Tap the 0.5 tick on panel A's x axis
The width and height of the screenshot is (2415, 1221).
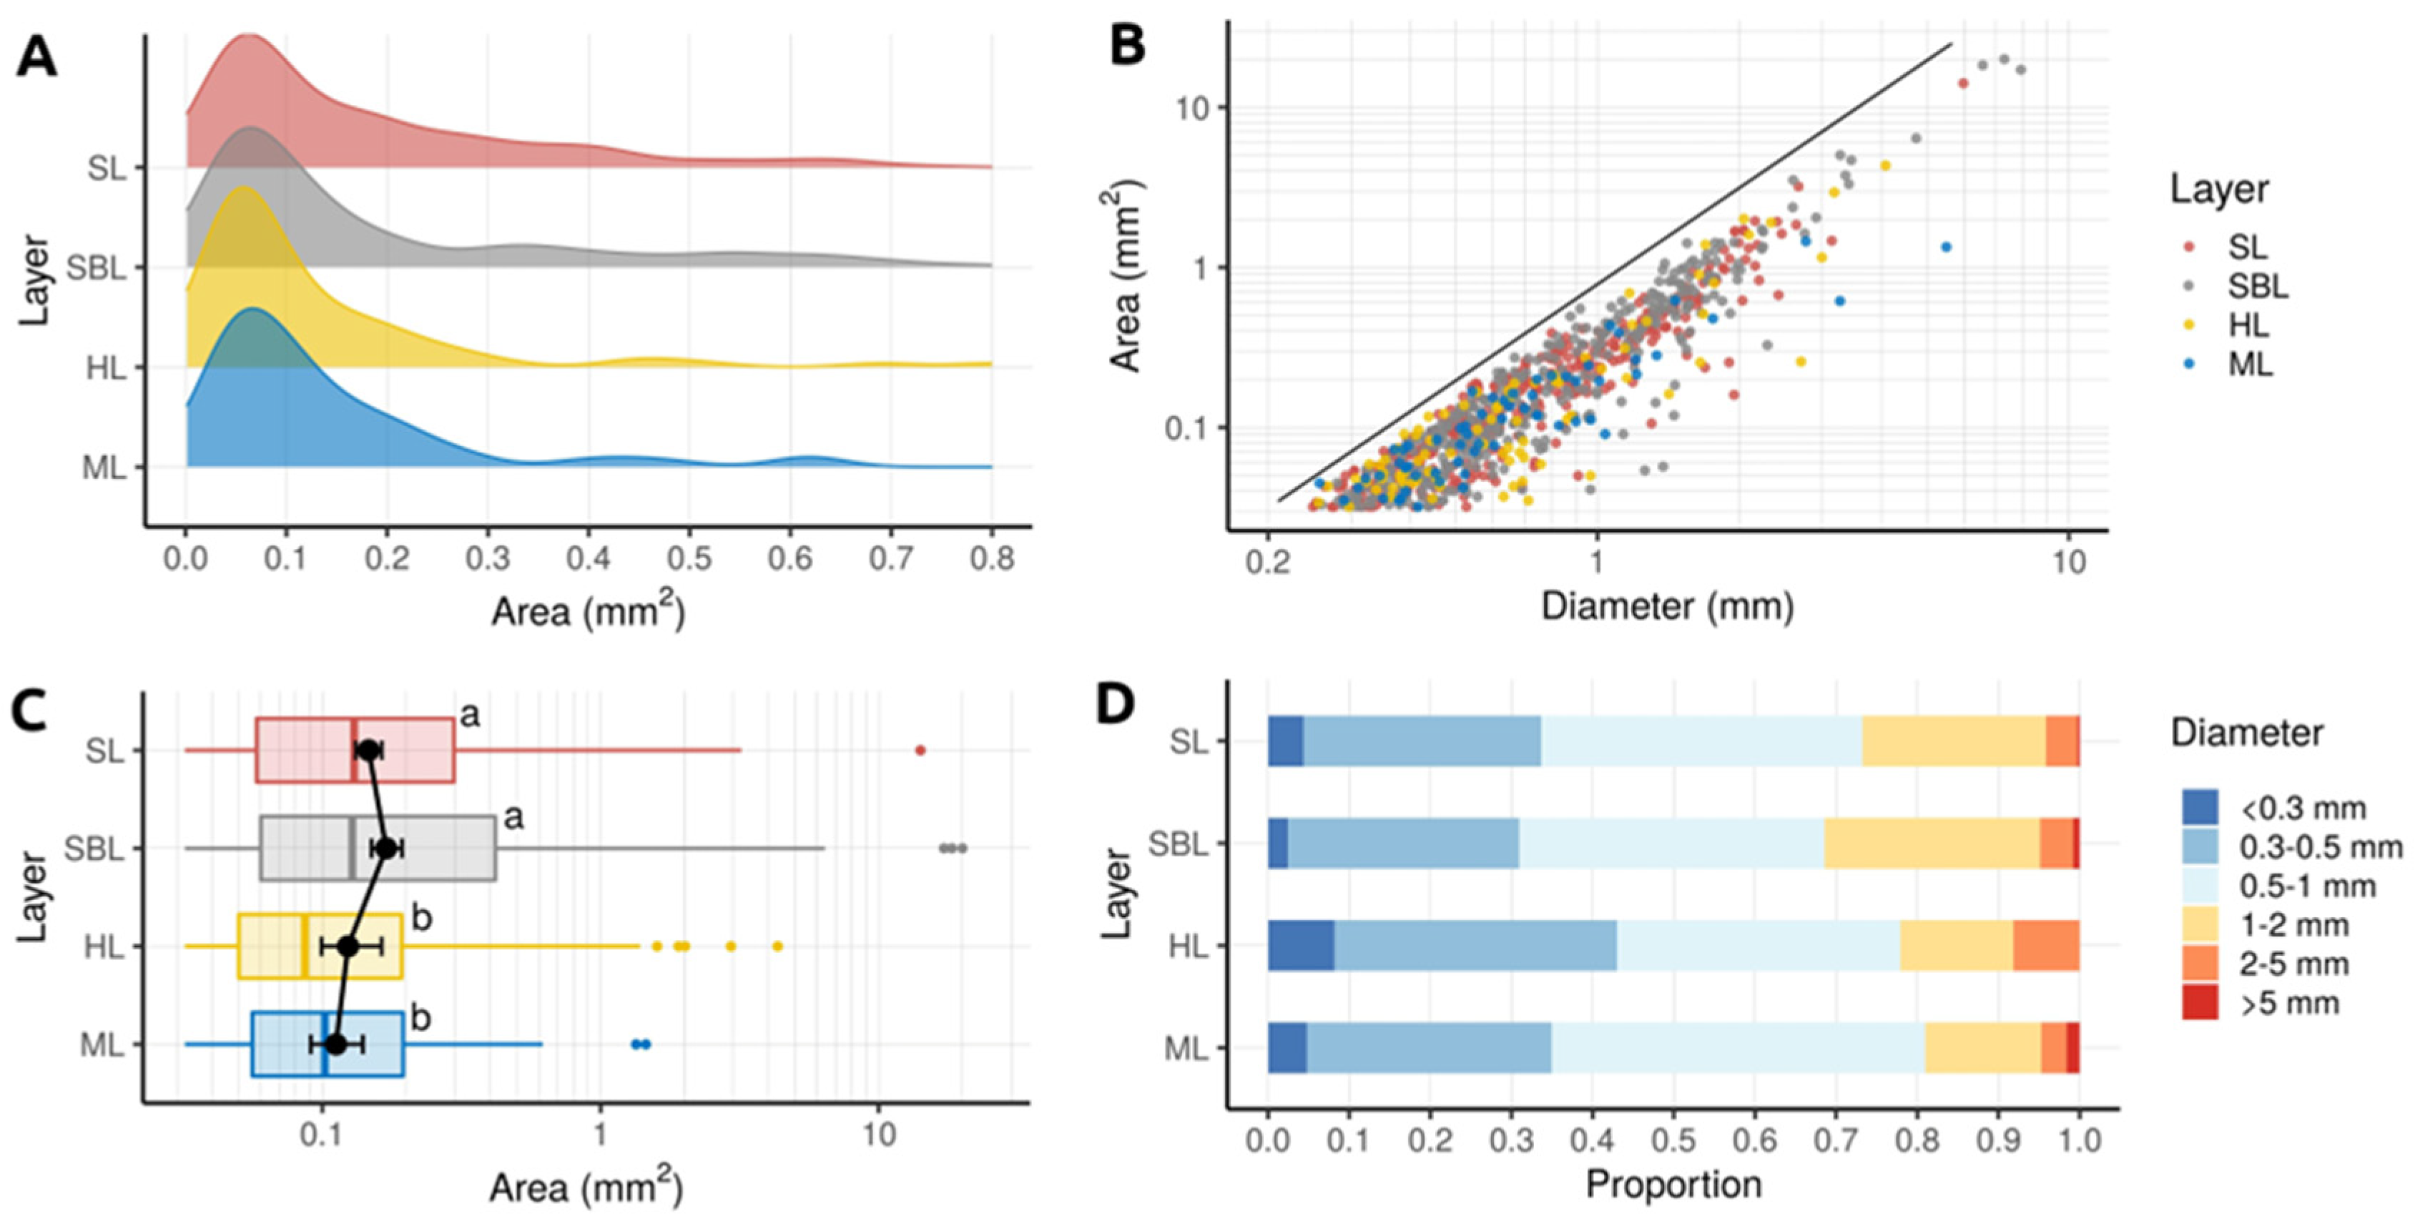coord(689,560)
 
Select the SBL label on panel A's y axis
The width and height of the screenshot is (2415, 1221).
coord(97,269)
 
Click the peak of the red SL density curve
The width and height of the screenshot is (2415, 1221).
coord(247,36)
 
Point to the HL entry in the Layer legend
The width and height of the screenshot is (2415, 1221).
coord(2249,325)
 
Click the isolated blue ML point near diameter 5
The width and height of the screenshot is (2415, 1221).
coord(1945,247)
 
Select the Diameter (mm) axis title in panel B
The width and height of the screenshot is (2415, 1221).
coord(1667,606)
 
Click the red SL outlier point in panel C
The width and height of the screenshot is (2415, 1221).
coord(920,750)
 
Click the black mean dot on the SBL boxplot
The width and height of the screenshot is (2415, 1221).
coord(385,848)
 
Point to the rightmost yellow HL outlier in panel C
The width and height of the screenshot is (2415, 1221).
coord(777,946)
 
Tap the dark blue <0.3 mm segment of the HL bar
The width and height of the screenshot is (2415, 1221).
coord(1300,946)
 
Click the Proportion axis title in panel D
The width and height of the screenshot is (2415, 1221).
coord(1673,1185)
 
